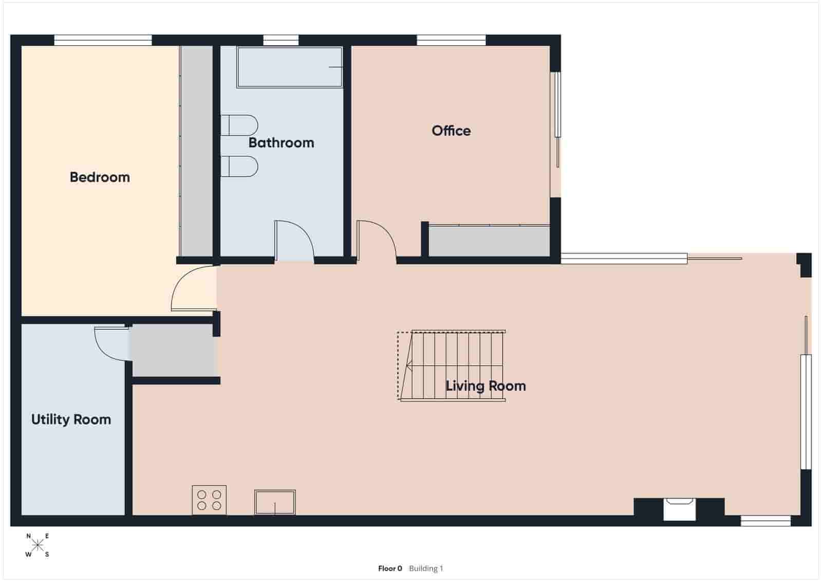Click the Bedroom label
coord(100,177)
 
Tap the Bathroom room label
coord(281,142)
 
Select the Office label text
coord(451,131)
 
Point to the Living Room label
coord(485,386)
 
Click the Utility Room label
coord(71,420)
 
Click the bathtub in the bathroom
coord(289,67)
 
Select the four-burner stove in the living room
coord(209,500)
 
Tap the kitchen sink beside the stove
coord(275,502)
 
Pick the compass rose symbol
coord(38,545)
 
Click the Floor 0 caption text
coord(390,569)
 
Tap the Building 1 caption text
coord(426,569)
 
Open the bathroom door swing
coord(294,241)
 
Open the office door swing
coord(376,241)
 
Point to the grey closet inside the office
coord(489,241)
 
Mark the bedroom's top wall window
coord(103,40)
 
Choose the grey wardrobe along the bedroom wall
coord(196,151)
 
